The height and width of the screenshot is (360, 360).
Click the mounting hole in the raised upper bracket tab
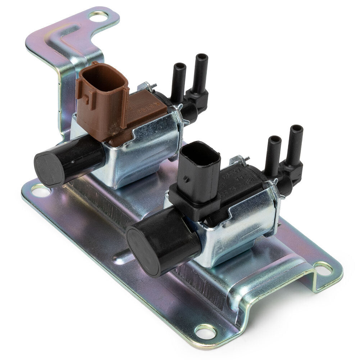click(x=98, y=16)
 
